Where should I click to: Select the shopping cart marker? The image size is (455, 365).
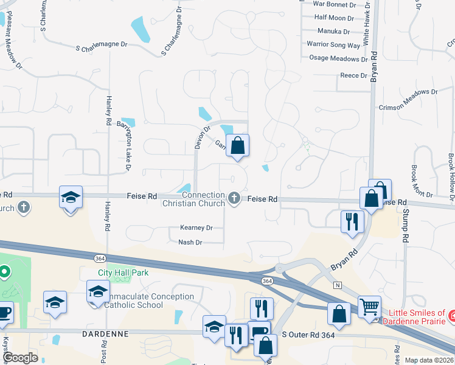pos(369,307)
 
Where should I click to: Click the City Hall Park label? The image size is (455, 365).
pos(123,273)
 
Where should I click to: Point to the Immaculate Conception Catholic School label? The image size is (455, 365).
pos(148,301)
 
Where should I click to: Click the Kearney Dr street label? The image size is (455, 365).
pos(196,228)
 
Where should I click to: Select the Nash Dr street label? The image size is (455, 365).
pos(190,243)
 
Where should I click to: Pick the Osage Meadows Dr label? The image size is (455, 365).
pos(335,58)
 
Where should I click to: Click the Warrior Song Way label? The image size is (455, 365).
pos(333,45)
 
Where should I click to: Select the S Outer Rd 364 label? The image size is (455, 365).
pos(309,336)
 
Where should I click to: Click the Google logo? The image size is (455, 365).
pos(20,358)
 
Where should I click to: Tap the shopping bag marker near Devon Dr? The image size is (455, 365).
pos(238,146)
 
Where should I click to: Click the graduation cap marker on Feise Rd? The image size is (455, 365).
pos(71,198)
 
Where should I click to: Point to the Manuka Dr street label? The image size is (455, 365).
pos(334,32)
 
